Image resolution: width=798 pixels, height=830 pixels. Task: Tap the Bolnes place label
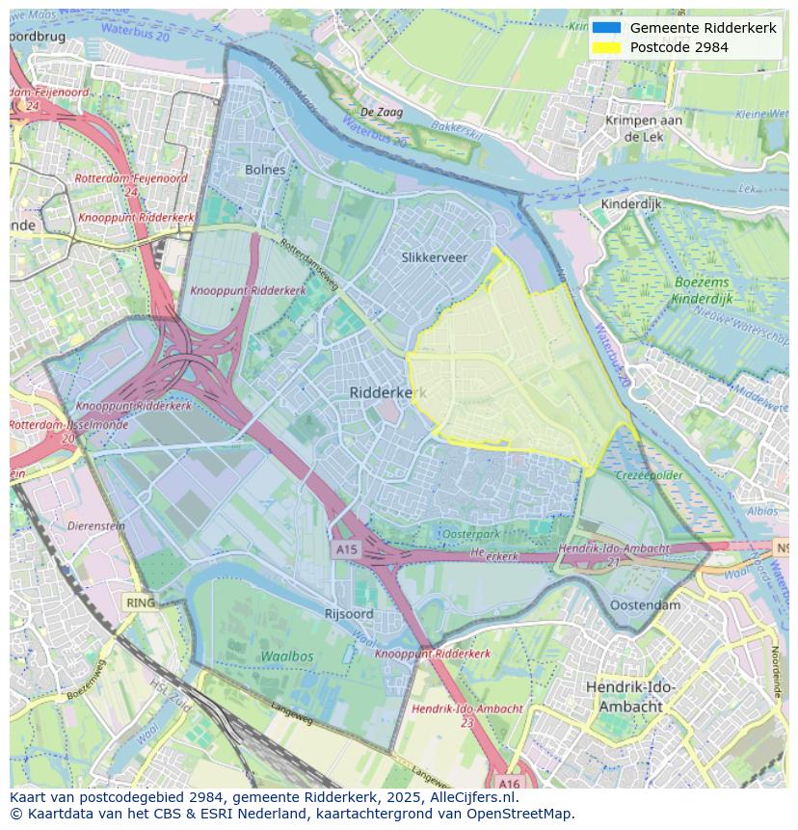click(x=265, y=170)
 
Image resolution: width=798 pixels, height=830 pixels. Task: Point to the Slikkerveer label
click(x=434, y=257)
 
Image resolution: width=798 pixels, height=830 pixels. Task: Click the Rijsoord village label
click(x=349, y=613)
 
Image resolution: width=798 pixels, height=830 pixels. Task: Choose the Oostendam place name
click(x=645, y=605)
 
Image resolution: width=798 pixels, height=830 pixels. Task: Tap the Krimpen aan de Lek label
click(x=644, y=128)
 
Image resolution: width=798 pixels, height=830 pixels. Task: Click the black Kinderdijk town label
click(x=631, y=204)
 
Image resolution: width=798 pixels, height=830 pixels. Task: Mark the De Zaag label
click(x=382, y=113)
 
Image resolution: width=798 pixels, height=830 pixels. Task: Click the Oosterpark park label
click(x=471, y=534)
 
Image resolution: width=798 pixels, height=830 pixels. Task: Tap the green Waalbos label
click(x=286, y=656)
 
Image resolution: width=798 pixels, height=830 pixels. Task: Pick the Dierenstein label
click(x=96, y=526)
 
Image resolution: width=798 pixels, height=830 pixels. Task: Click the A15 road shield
click(x=346, y=549)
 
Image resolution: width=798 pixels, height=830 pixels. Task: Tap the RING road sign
click(x=140, y=602)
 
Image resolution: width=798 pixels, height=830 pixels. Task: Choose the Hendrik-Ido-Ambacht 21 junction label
click(x=614, y=553)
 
